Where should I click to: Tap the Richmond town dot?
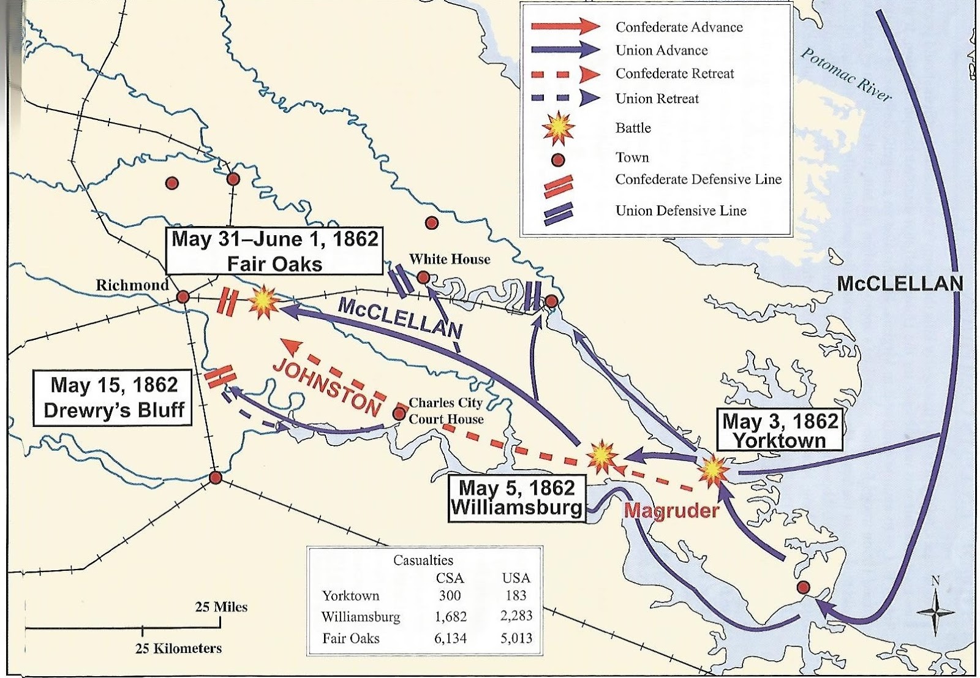coord(183,297)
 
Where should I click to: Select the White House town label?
coord(450,259)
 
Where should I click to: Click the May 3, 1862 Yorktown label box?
coord(779,431)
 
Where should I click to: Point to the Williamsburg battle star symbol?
coord(601,456)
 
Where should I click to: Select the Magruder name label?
coord(671,510)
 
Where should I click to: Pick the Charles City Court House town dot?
coord(399,414)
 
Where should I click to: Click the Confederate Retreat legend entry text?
coord(674,74)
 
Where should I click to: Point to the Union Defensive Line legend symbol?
coord(558,211)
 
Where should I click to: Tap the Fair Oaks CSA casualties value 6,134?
coord(450,638)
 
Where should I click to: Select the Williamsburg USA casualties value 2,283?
coord(516,616)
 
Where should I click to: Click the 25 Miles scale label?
coord(221,607)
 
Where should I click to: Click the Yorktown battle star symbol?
coord(714,470)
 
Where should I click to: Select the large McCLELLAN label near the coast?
coord(899,284)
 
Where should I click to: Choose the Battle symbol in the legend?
coord(558,127)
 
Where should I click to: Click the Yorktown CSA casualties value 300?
coord(450,595)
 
